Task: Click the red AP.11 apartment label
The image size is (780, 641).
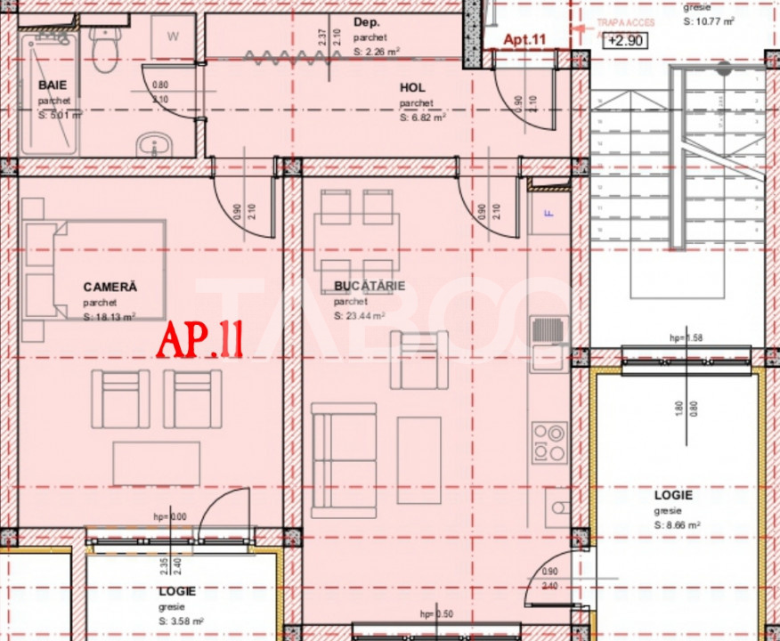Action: (200, 339)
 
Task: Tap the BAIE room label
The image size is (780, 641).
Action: (53, 85)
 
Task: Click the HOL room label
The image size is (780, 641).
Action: (412, 88)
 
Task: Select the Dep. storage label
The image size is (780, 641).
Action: (366, 24)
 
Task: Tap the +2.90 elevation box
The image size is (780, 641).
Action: (625, 40)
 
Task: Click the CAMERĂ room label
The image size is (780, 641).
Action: (110, 287)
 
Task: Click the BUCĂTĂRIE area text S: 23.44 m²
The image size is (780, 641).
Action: (359, 316)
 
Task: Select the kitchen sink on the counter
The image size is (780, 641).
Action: (549, 343)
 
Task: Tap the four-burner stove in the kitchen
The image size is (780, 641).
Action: (549, 442)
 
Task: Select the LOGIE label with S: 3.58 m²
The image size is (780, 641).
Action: (177, 591)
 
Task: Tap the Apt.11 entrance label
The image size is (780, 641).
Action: (524, 39)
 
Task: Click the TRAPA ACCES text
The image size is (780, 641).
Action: (627, 22)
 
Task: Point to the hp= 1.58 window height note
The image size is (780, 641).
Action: (686, 338)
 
